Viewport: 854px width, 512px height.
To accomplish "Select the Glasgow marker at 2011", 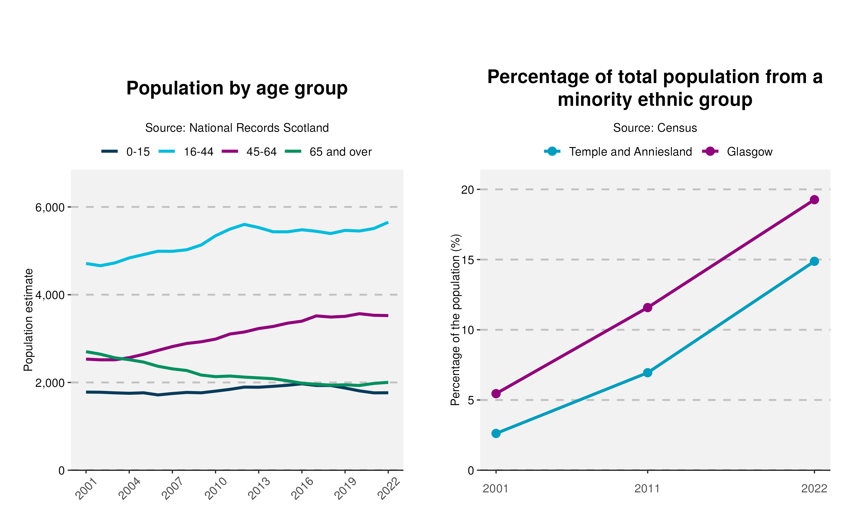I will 648,307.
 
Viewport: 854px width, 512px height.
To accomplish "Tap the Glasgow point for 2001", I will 496,394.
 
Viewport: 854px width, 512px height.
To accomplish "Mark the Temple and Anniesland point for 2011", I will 648,373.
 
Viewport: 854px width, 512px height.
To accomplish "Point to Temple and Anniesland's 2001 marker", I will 496,433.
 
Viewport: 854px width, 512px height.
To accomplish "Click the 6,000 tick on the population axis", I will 50,207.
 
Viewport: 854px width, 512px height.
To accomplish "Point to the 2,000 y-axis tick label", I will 50,383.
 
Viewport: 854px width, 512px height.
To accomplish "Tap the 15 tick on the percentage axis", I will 468,260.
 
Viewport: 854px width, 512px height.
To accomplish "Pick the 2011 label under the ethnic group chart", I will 647,489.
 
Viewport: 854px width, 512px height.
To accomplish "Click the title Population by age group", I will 237,88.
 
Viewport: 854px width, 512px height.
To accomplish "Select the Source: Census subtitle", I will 655,128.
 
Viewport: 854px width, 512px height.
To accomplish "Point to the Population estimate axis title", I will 28,320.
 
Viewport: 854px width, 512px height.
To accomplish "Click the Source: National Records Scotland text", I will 237,128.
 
